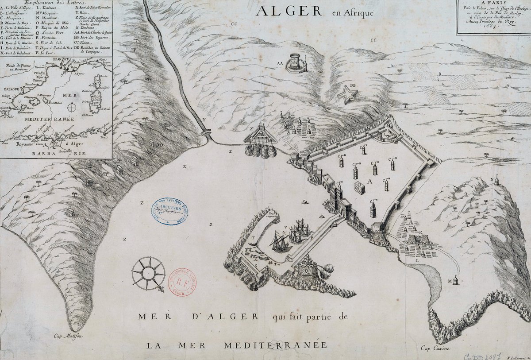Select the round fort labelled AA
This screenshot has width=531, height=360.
[x=296, y=63]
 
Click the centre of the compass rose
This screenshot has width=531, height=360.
[x=148, y=273]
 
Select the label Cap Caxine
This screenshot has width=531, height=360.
[x=435, y=348]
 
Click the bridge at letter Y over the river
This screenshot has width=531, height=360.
[x=206, y=132]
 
